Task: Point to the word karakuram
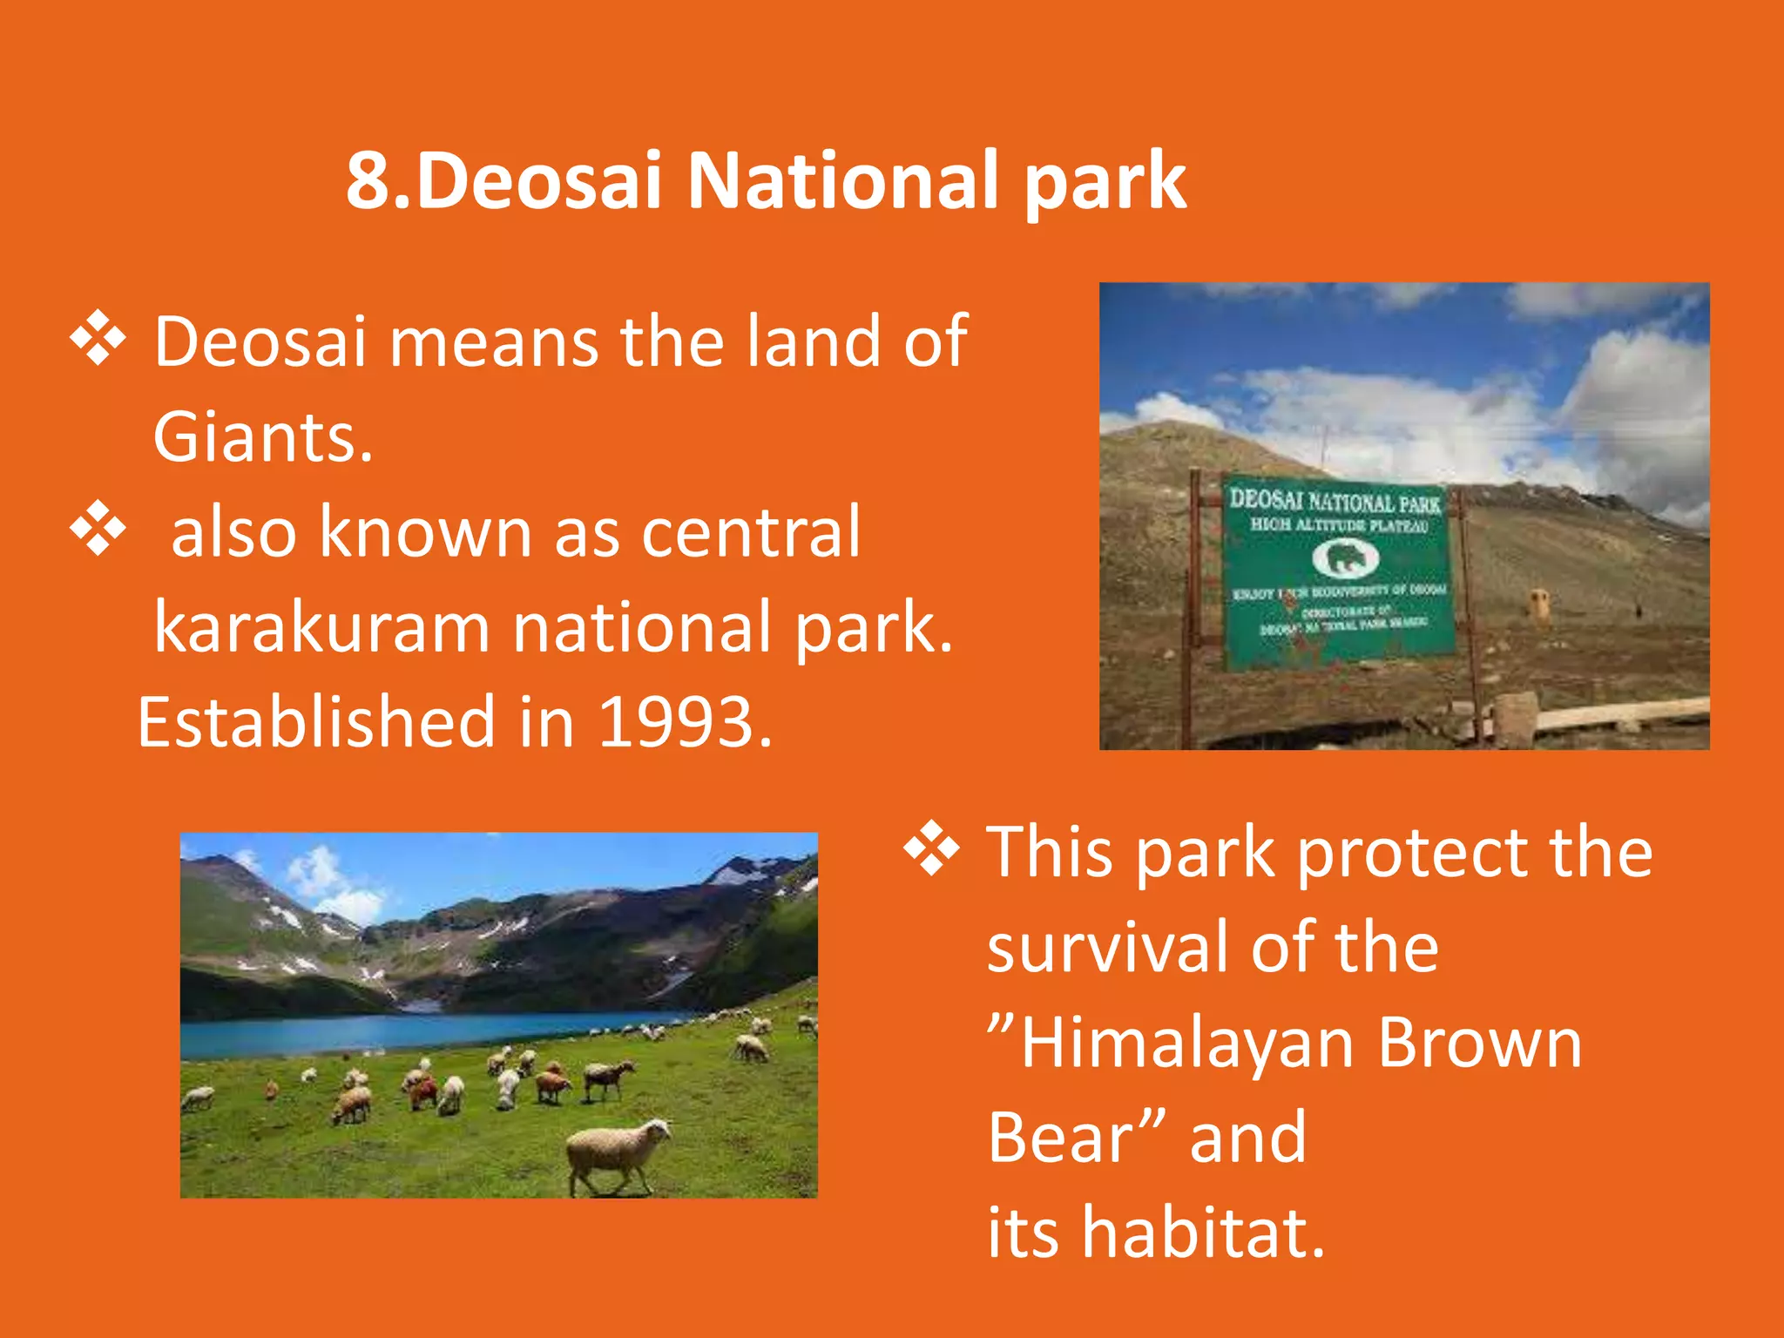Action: click(x=322, y=627)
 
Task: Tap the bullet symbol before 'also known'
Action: click(x=98, y=528)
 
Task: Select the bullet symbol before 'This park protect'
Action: click(x=930, y=848)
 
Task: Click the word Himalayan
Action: click(x=1186, y=1043)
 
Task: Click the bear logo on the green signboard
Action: click(x=1345, y=558)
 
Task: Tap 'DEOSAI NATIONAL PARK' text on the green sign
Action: click(x=1335, y=501)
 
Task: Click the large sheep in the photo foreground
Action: click(x=618, y=1153)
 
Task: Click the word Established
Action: click(x=315, y=722)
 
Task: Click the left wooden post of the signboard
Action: click(x=1188, y=610)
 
